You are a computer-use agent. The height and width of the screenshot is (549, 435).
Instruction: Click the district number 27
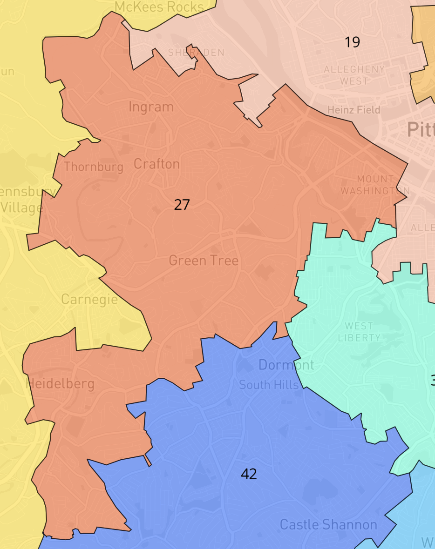point(182,204)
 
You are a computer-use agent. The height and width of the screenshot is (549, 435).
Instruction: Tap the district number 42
point(249,474)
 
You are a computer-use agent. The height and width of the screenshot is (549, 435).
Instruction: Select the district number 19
point(352,42)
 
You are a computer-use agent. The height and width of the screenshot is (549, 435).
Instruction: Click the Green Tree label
point(204,261)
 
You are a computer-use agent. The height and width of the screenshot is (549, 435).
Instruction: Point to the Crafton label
point(156,164)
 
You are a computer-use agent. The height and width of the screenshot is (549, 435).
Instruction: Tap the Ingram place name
point(151,107)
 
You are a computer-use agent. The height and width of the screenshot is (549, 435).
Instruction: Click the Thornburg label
point(94,167)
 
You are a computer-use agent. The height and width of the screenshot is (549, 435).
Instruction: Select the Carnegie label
point(89,299)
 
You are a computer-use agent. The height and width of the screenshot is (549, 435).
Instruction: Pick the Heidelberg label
point(60,384)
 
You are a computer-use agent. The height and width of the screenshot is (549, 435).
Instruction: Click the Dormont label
point(286,365)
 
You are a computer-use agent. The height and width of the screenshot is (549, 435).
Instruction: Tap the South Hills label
point(269,385)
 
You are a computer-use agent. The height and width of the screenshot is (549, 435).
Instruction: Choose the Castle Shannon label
point(328,525)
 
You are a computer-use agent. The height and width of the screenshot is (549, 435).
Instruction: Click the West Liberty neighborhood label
point(359,332)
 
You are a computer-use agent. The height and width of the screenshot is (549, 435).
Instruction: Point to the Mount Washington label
point(375,185)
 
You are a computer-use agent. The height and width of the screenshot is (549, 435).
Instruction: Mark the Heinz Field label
point(353,110)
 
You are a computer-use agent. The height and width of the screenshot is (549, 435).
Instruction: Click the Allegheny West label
point(354,75)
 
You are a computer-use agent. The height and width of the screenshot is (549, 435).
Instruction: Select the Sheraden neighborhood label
point(196,53)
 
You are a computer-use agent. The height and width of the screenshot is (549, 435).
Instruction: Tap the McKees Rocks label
point(159,7)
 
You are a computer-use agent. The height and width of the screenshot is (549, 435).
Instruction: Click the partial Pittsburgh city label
point(421,129)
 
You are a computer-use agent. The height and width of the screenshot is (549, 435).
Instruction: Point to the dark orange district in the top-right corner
point(424,51)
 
